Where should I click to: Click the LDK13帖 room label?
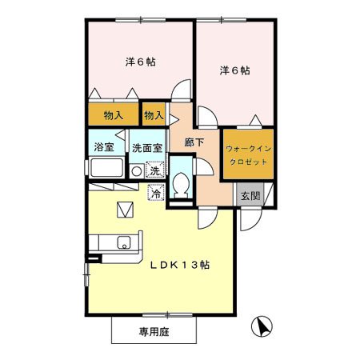(x=180, y=265)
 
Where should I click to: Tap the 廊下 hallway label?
(x=194, y=142)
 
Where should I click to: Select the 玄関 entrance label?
(x=250, y=196)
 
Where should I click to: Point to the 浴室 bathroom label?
(x=104, y=147)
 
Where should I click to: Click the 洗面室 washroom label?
(x=147, y=148)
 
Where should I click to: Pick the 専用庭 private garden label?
(x=154, y=332)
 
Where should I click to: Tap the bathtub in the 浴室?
(x=106, y=167)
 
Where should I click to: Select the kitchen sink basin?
(x=124, y=242)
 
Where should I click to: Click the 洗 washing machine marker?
(x=154, y=170)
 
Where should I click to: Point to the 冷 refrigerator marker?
(x=156, y=193)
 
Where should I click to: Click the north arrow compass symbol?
(x=262, y=326)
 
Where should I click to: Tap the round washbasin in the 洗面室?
(x=137, y=171)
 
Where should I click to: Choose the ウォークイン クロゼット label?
(x=248, y=155)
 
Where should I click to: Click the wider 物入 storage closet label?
(x=114, y=116)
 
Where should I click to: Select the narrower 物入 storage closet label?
(x=154, y=115)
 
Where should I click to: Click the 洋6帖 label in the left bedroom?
(x=141, y=62)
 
